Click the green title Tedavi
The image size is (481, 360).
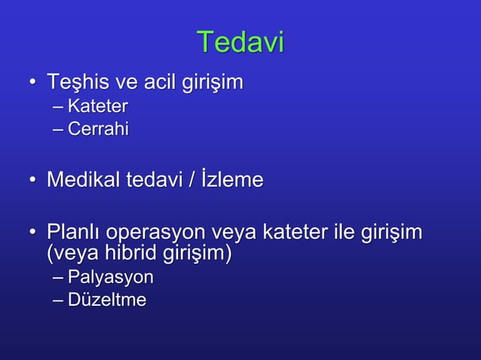coord(240,42)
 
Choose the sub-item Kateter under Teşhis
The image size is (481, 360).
coord(97,105)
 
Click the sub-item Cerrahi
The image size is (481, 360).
coord(98,130)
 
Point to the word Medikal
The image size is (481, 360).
coord(83,180)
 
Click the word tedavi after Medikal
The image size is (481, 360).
coord(157,180)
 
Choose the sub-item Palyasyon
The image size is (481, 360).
coord(110,278)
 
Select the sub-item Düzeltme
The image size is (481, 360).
coord(106,301)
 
